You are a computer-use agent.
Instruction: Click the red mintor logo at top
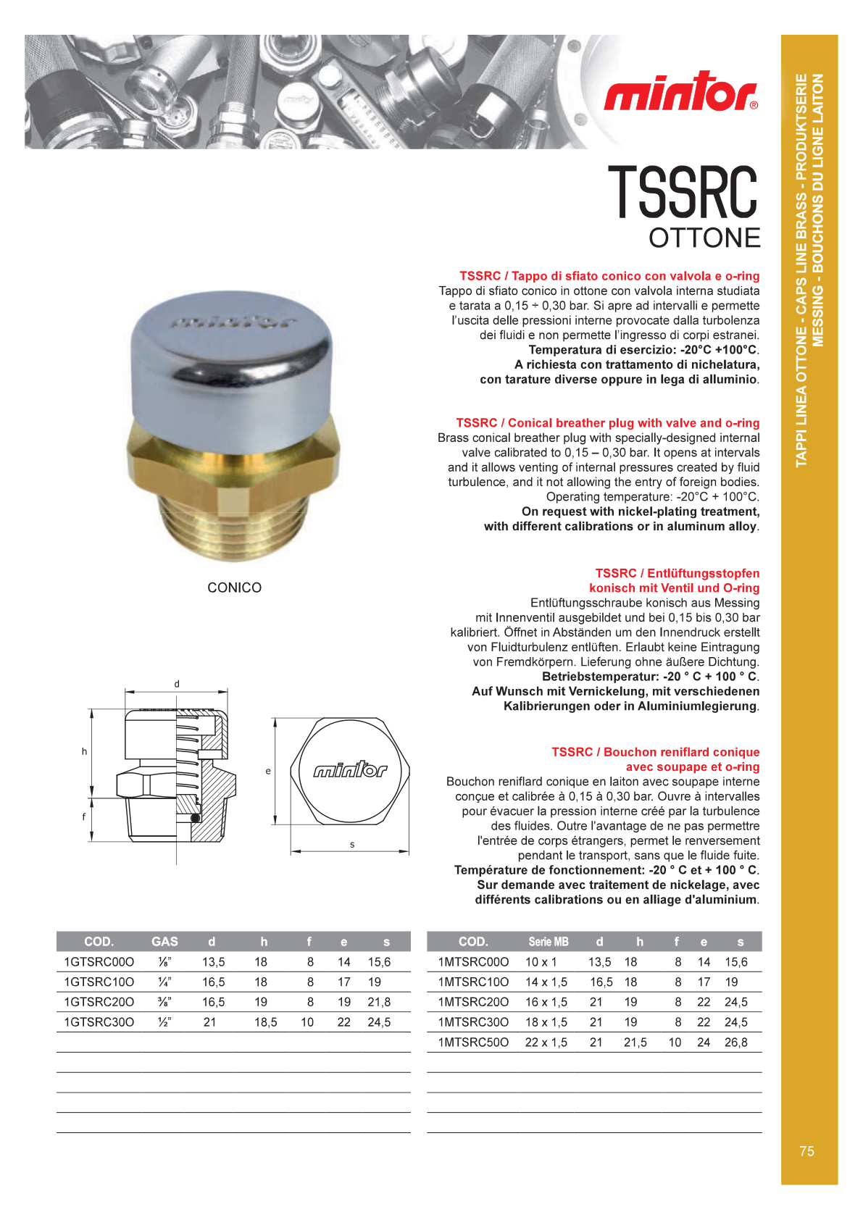pos(680,92)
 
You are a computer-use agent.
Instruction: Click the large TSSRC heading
pos(683,192)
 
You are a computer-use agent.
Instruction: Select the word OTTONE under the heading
pos(704,238)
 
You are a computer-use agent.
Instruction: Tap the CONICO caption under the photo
pos(234,588)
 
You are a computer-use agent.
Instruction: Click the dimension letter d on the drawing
pos(177,684)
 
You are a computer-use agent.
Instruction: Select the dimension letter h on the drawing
pos(84,751)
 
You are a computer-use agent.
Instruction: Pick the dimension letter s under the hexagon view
pos(352,844)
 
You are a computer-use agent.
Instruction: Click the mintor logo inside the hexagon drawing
pos(350,770)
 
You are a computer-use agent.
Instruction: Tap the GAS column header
pos(164,942)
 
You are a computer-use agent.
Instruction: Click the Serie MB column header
pos(548,942)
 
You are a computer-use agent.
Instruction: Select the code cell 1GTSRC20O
pos(99,1002)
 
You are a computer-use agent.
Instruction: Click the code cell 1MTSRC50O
pos(473,1043)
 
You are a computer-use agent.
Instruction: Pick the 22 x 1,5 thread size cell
pos(546,1043)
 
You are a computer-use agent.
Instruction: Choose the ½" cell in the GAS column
pos(164,1022)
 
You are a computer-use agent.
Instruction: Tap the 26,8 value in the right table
pos(735,1043)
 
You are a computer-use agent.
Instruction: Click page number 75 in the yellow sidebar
pos(806,1151)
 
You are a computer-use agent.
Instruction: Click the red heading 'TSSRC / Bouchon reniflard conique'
pos(655,752)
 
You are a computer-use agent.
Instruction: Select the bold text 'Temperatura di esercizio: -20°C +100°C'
pos(643,350)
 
